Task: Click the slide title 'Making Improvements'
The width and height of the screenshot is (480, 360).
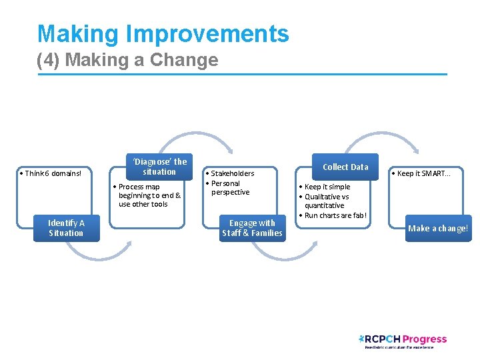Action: [163, 34]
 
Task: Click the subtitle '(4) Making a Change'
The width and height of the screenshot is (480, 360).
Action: [127, 60]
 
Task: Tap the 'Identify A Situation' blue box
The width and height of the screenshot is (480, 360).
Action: [66, 228]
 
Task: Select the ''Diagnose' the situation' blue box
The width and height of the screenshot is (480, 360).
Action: [159, 167]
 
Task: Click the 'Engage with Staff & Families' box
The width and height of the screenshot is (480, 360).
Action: [252, 228]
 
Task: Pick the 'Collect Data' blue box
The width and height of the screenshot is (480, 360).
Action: [345, 167]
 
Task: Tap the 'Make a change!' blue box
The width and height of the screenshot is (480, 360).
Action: [438, 228]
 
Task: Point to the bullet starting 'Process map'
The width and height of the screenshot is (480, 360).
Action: [148, 195]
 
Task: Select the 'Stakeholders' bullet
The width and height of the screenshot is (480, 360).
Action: [231, 173]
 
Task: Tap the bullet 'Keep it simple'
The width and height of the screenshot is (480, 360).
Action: [326, 187]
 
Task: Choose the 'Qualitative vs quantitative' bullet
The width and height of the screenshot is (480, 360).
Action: [326, 201]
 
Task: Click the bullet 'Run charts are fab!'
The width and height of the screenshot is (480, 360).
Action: [334, 215]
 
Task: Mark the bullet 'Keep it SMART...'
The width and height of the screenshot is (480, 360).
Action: [423, 173]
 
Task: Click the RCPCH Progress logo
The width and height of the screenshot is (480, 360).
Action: [403, 341]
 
